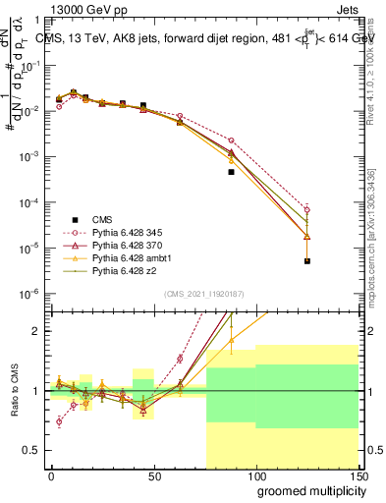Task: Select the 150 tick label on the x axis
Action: tap(358, 475)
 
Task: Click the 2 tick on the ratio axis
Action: tap(37, 331)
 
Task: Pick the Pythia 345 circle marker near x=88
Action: tap(231, 140)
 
